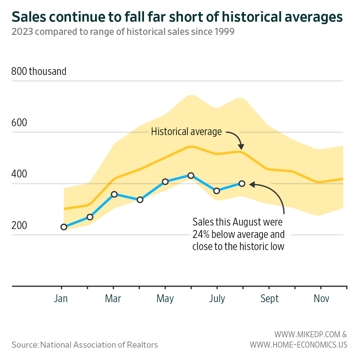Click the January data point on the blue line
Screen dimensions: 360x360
pyautogui.click(x=64, y=227)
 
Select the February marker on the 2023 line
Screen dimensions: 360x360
pyautogui.click(x=90, y=217)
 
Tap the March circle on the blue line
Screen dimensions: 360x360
pyautogui.click(x=114, y=194)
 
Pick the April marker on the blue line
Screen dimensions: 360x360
pyautogui.click(x=140, y=199)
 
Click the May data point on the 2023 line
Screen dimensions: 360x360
pyautogui.click(x=165, y=182)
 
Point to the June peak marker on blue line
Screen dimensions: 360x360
pyautogui.click(x=191, y=175)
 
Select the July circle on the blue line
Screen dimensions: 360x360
pyautogui.click(x=216, y=191)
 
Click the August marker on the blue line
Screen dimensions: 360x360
pyautogui.click(x=242, y=184)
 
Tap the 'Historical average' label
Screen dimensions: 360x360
pyautogui.click(x=186, y=132)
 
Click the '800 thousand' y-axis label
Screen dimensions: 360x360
pyautogui.click(x=39, y=71)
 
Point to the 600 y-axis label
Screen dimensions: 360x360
pyautogui.click(x=19, y=123)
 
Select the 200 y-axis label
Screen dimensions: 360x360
pyautogui.click(x=19, y=226)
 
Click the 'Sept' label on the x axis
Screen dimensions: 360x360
pyautogui.click(x=269, y=299)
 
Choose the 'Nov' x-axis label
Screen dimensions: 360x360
pyautogui.click(x=321, y=299)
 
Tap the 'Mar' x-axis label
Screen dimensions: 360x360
pyautogui.click(x=113, y=299)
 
